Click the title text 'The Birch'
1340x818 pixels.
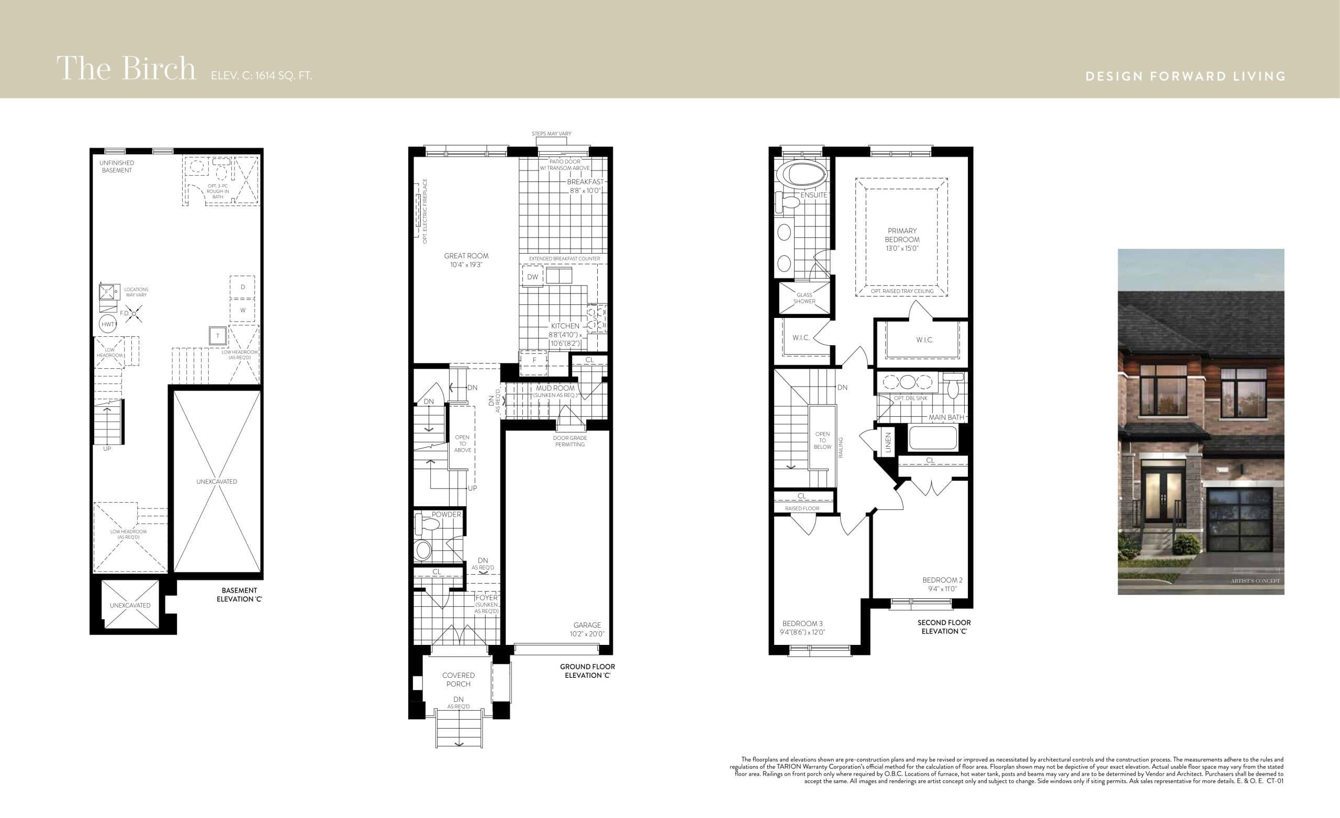pos(126,69)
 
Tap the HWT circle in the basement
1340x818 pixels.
pos(108,324)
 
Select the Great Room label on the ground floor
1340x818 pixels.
pos(466,256)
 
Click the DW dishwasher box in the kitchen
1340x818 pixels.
pos(532,277)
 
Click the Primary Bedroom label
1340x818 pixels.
pos(902,235)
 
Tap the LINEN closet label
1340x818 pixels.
pos(888,442)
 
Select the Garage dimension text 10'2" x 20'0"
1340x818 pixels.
pos(587,634)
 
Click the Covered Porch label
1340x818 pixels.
pos(458,679)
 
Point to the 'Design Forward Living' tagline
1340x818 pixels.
pos(1185,76)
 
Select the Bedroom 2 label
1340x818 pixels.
pos(942,580)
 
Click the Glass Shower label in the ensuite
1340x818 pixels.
pos(804,298)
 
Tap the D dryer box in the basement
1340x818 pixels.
pos(242,287)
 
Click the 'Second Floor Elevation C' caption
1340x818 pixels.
pos(944,627)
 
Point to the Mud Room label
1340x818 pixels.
pos(555,388)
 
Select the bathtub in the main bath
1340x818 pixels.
pos(933,438)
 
